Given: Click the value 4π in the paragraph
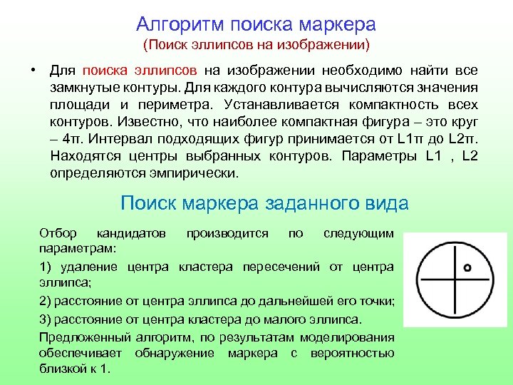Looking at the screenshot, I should pos(68,139).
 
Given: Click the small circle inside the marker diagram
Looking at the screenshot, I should pos(467,268).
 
